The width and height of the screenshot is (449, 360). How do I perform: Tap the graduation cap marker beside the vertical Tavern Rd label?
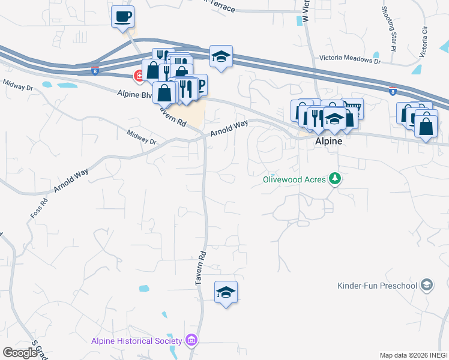click(x=226, y=292)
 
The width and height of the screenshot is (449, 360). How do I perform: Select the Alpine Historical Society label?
click(x=136, y=341)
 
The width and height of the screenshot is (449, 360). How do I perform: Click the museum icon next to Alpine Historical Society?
click(x=191, y=341)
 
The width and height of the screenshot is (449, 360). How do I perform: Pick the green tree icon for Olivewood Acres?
click(x=336, y=179)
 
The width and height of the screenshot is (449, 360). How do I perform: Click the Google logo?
click(x=20, y=353)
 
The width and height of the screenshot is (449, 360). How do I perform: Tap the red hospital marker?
click(x=139, y=76)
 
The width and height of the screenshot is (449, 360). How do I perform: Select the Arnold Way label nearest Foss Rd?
click(x=71, y=179)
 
